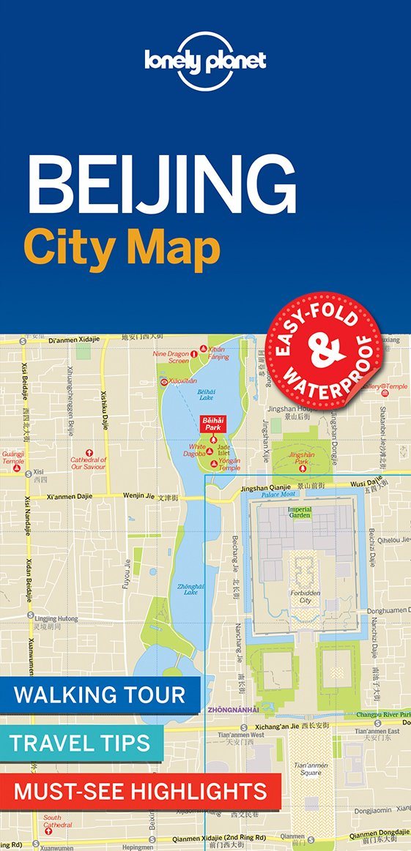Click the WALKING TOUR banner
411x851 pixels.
click(x=100, y=694)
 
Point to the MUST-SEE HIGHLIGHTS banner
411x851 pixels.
click(x=140, y=790)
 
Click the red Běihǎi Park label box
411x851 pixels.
click(x=212, y=424)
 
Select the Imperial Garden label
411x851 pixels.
click(x=299, y=512)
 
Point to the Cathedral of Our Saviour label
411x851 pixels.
click(x=89, y=463)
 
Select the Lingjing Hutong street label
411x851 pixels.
click(x=56, y=619)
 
